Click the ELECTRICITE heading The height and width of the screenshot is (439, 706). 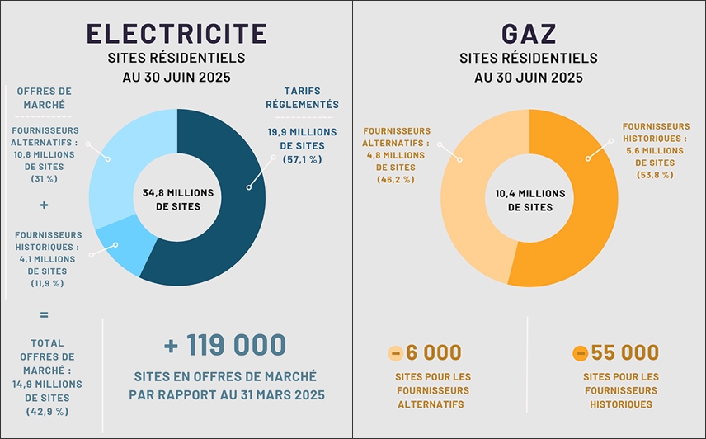point(176,33)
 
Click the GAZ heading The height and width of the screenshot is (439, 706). point(528,34)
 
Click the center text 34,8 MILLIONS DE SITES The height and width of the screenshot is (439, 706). point(177,199)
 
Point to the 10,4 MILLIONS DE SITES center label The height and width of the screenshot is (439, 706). point(529,200)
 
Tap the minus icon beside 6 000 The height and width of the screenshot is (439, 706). point(395,353)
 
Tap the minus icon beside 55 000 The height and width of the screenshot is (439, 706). point(580,353)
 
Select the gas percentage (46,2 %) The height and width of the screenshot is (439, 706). point(396,179)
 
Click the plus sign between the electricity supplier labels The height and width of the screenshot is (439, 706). point(44,205)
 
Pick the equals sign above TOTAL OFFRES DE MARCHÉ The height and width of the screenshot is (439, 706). point(44,314)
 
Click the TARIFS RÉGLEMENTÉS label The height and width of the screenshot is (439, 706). point(303,97)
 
